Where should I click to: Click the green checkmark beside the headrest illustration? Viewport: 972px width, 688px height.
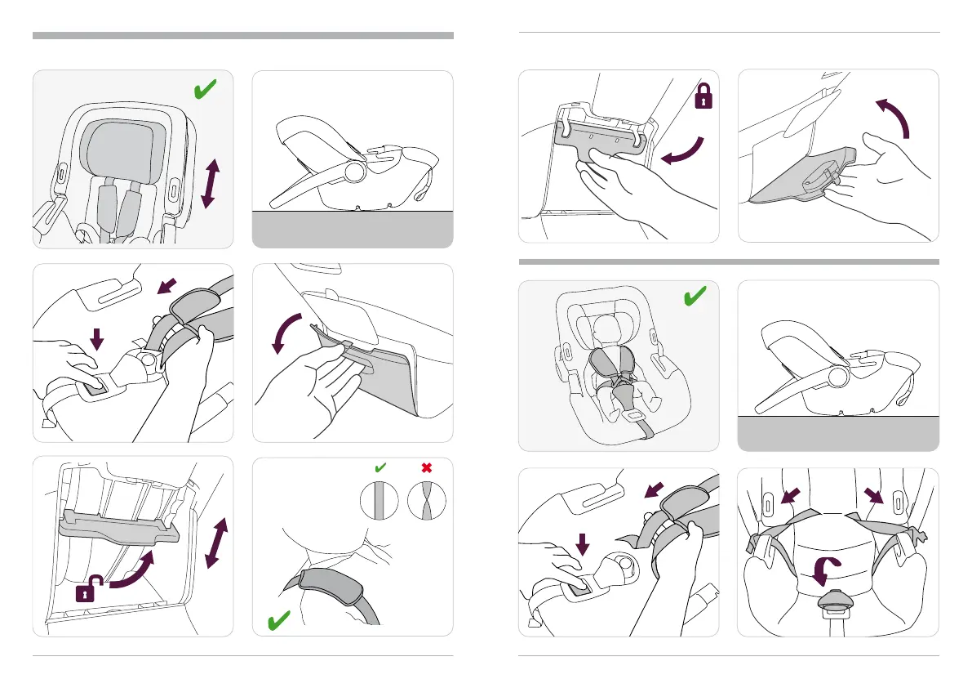206,90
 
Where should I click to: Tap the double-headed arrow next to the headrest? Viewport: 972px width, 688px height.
210,184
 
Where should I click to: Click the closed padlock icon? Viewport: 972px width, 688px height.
702,99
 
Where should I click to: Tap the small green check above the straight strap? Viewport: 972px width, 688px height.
379,468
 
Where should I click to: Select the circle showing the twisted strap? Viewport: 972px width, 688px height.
426,499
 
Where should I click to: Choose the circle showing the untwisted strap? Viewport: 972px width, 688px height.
379,499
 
